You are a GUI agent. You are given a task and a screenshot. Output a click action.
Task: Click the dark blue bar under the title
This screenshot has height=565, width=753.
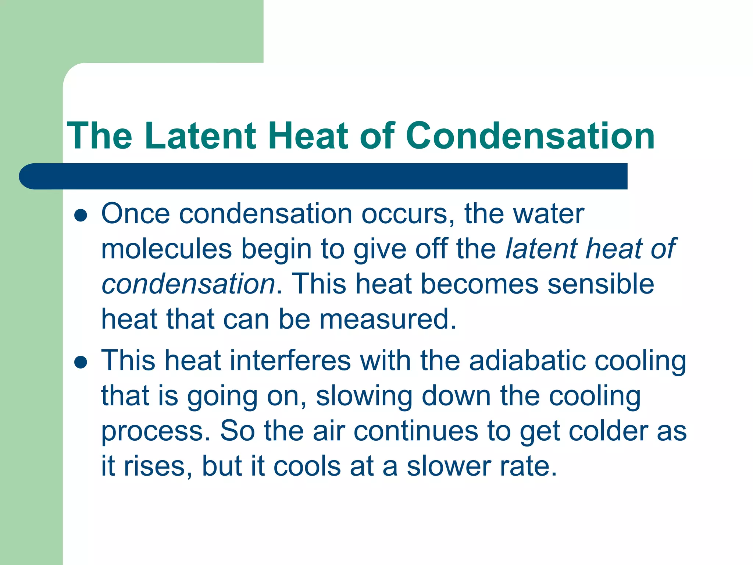click(x=324, y=176)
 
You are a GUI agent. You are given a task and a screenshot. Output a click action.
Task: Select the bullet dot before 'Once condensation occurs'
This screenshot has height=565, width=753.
click(x=81, y=216)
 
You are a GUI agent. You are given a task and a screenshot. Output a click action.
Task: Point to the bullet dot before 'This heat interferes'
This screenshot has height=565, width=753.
click(x=81, y=362)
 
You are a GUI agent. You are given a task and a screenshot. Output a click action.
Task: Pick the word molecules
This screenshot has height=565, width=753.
click(x=167, y=249)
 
